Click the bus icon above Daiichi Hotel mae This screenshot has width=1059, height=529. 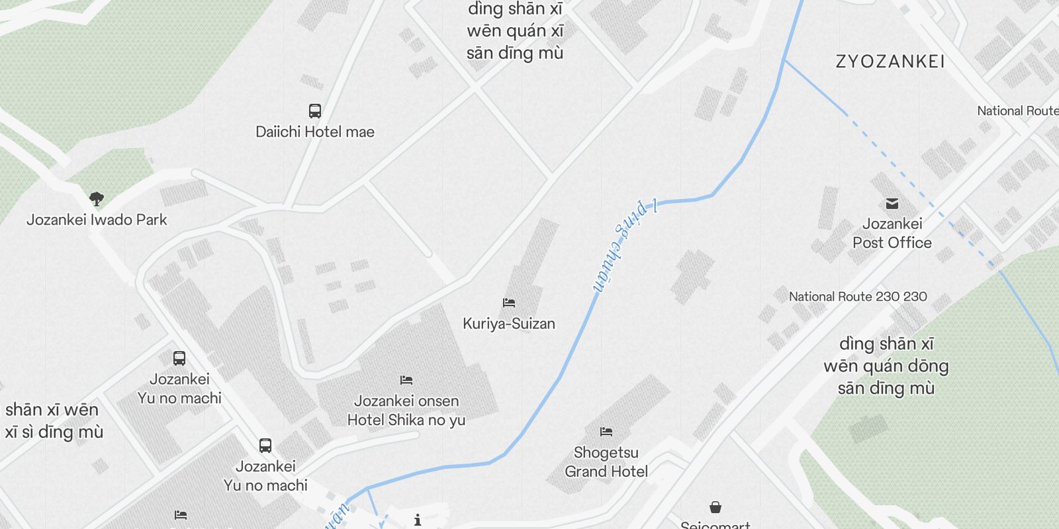click(315, 110)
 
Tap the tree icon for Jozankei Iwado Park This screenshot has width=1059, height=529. click(97, 198)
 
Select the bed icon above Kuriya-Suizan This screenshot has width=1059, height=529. click(508, 303)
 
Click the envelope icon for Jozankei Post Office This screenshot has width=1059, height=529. click(892, 203)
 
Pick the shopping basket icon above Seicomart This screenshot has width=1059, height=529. click(715, 507)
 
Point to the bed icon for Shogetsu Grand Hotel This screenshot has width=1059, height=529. click(606, 432)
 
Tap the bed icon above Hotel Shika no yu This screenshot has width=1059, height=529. click(406, 380)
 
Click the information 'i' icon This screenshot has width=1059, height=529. click(418, 520)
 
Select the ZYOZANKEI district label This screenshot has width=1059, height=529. click(890, 62)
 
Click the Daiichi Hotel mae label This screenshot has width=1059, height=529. click(315, 132)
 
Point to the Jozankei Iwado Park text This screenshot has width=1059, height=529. click(97, 220)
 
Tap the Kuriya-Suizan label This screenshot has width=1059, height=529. click(508, 323)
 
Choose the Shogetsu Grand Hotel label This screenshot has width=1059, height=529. click(606, 462)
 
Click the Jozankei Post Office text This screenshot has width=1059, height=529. click(892, 233)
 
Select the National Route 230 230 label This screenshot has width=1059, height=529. click(858, 297)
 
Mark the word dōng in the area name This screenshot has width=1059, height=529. click(929, 366)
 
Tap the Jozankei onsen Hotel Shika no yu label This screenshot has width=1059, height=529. click(406, 410)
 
